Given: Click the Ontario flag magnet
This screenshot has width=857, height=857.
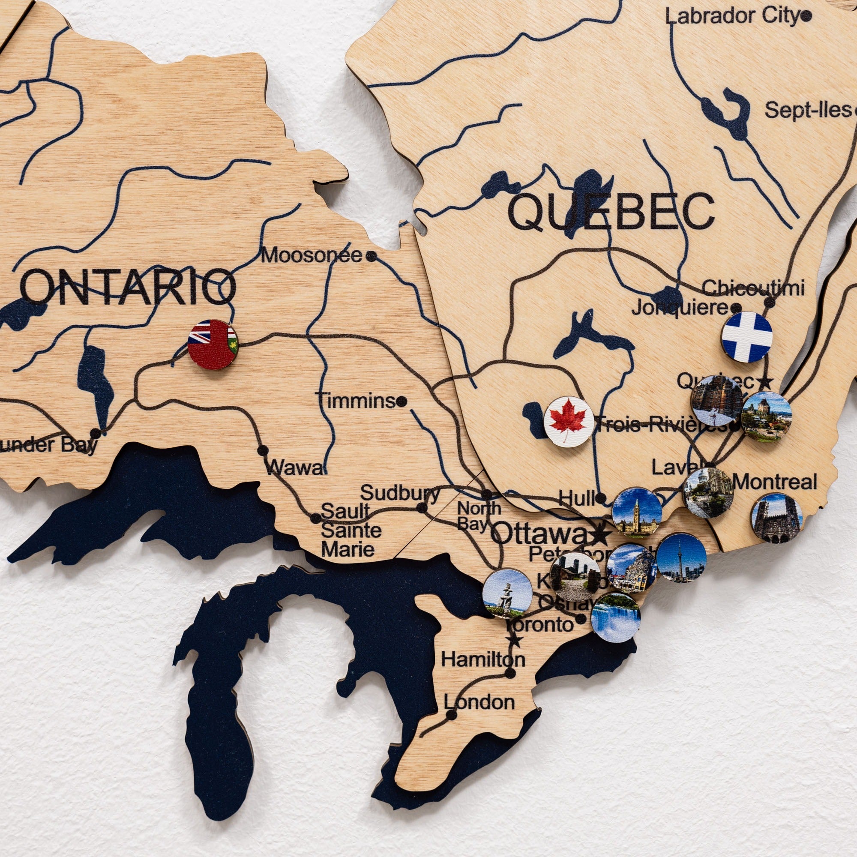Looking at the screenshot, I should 213,344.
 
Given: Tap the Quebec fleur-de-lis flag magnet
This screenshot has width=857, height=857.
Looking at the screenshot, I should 747,337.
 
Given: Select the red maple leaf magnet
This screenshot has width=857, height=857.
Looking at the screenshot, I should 569,421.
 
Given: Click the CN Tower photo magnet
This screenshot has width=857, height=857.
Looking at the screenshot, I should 681,558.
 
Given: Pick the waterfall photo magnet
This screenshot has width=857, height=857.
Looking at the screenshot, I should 616,617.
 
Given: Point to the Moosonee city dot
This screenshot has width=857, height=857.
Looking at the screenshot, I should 372,256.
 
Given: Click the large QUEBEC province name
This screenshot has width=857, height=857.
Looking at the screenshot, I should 611,212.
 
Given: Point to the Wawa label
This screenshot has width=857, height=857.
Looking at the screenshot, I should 295,468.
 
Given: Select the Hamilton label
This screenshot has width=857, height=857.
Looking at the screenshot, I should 483,659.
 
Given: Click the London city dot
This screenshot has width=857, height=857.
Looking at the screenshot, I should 451,715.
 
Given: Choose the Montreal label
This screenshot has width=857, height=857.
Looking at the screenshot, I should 774,482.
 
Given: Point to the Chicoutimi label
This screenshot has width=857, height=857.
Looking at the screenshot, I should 753,288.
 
